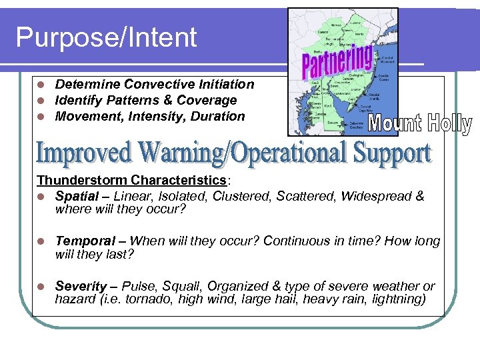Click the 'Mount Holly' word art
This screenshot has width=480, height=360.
point(419,124)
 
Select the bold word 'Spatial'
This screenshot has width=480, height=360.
point(80,196)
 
